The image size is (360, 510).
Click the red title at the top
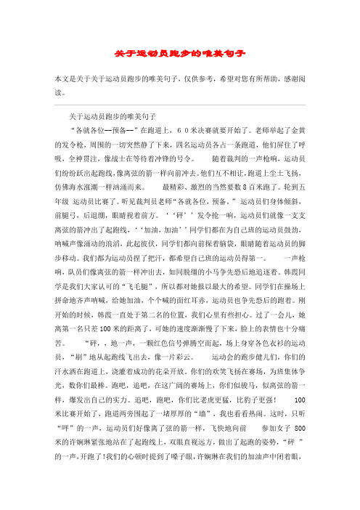(179, 53)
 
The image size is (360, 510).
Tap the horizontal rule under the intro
(179, 105)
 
